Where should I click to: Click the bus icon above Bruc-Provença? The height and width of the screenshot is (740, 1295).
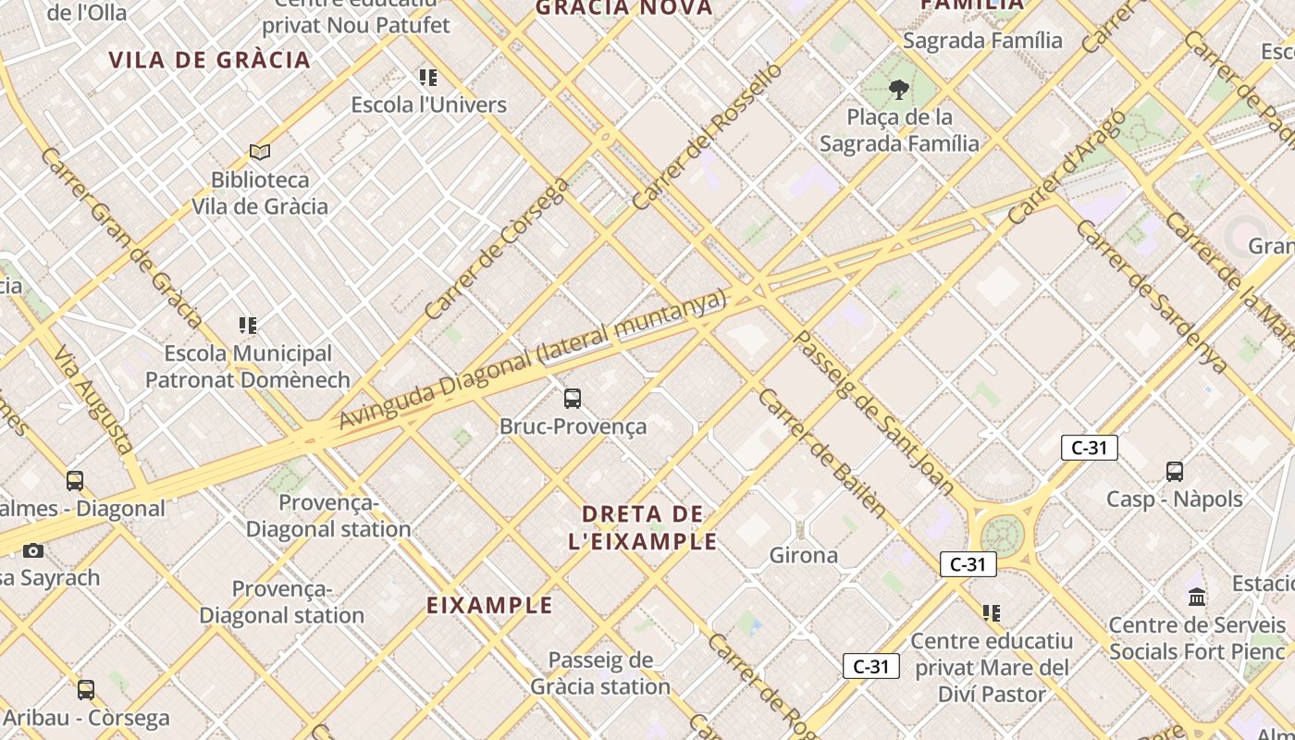click(x=573, y=399)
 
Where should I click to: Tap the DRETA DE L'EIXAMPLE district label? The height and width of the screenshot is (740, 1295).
click(x=643, y=527)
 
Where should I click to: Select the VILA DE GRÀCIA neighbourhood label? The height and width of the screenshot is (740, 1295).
click(x=209, y=60)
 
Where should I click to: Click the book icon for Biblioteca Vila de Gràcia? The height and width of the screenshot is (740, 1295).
click(x=260, y=152)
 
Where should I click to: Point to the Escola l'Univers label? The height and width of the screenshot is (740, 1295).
click(x=428, y=105)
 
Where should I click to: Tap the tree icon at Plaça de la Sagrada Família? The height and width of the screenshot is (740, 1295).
click(x=898, y=90)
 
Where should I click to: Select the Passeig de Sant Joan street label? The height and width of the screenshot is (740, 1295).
click(x=874, y=413)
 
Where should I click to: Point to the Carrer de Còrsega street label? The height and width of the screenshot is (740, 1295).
click(x=498, y=249)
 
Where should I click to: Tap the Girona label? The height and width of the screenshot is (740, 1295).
click(x=804, y=555)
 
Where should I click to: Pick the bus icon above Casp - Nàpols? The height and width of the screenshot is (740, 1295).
click(x=1175, y=472)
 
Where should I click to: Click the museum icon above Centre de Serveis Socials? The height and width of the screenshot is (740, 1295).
click(x=1197, y=597)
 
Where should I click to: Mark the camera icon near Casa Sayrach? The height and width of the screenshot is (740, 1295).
click(x=33, y=551)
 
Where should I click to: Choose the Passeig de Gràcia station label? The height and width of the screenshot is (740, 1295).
click(x=600, y=673)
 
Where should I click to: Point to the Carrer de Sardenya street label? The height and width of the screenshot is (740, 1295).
click(x=1152, y=297)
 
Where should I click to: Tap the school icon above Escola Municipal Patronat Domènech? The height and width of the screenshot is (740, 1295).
click(x=248, y=326)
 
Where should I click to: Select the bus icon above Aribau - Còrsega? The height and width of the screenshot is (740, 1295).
click(x=86, y=689)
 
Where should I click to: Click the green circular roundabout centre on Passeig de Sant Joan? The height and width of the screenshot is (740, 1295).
click(x=1002, y=534)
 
